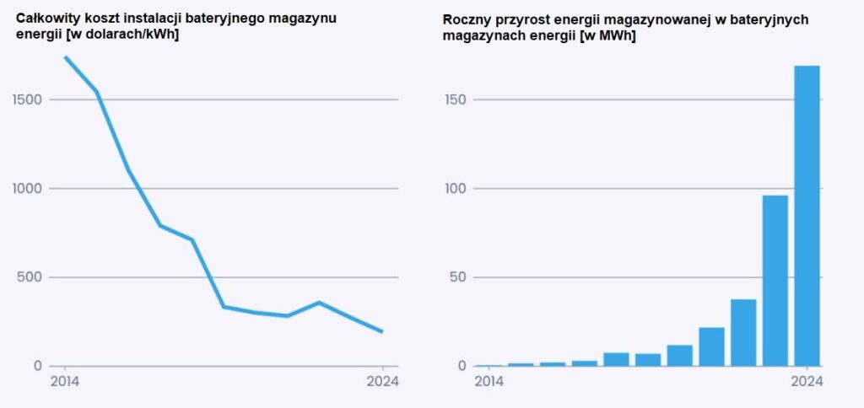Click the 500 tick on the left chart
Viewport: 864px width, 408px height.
(32, 277)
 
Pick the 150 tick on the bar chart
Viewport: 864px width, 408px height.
(455, 100)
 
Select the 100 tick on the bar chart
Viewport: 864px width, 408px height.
(455, 189)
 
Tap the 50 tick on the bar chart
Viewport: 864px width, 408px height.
(457, 277)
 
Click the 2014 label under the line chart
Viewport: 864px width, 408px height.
(64, 381)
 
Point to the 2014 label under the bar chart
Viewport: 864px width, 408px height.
(489, 381)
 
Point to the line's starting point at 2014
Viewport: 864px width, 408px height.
(65, 57)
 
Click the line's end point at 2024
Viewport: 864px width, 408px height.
(382, 331)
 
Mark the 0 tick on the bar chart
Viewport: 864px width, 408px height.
(461, 366)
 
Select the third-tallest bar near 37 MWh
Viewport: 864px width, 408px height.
(743, 332)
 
